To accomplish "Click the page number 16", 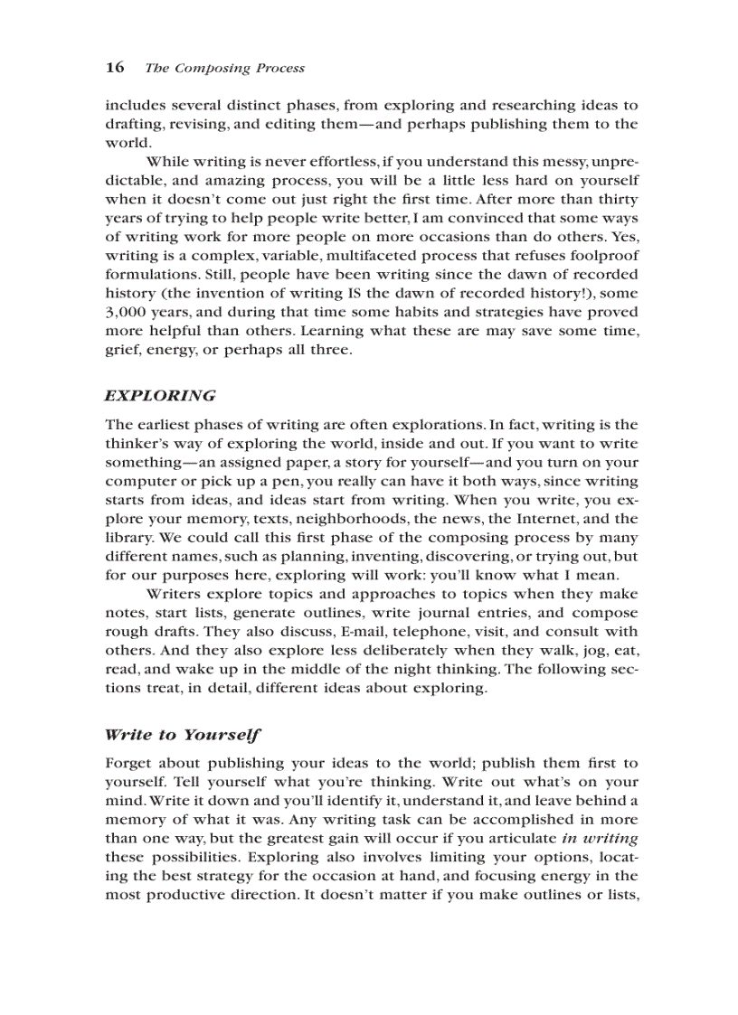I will coord(114,68).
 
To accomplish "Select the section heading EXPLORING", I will coord(160,395).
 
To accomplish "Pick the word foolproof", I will coord(601,256).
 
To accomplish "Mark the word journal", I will coord(431,613).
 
